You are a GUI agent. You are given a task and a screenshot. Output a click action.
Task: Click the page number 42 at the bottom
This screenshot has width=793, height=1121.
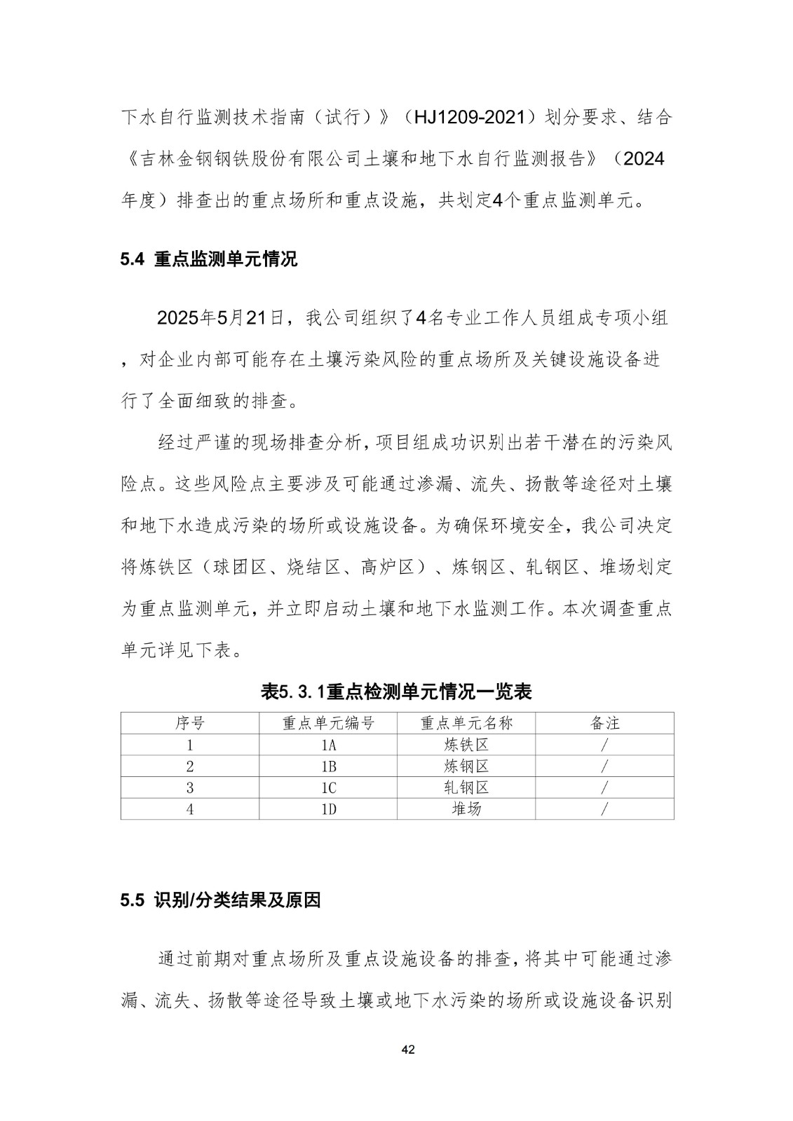[x=409, y=1050]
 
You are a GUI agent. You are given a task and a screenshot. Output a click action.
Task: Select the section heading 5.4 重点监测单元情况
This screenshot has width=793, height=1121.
[x=209, y=259]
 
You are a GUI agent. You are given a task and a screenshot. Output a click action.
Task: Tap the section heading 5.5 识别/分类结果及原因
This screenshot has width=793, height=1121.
[x=220, y=900]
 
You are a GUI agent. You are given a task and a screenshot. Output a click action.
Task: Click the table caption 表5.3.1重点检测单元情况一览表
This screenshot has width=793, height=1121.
[x=396, y=692]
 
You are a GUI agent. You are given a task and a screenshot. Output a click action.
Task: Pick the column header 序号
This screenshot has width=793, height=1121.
[x=189, y=723]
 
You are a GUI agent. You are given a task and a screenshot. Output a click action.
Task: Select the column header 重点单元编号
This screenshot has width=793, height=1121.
[x=328, y=723]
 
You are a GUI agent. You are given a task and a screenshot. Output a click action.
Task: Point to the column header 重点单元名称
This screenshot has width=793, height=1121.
[x=466, y=723]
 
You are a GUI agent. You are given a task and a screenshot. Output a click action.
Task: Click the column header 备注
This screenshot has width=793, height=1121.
[x=604, y=723]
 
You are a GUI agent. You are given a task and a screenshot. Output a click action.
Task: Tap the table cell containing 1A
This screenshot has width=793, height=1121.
[x=328, y=745]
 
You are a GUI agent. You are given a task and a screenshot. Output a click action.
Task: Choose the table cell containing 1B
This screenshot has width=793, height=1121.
[x=328, y=766]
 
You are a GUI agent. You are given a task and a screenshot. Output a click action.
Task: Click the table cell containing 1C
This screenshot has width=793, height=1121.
[x=328, y=788]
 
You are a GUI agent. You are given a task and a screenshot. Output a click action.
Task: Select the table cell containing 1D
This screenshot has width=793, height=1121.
[x=328, y=809]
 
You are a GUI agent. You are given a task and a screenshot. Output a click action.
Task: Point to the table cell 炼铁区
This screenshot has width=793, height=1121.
[x=466, y=745]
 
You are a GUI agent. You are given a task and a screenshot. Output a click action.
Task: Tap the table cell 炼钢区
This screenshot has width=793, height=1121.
[x=466, y=766]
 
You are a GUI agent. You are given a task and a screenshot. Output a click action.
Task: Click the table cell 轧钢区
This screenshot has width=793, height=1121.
[x=466, y=788]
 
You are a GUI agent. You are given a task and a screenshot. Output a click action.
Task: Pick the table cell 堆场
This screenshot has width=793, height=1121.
[x=466, y=809]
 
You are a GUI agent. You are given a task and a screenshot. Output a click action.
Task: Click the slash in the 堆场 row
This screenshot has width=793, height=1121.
[x=604, y=809]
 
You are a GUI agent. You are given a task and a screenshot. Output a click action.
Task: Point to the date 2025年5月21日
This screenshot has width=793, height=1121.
[x=220, y=318]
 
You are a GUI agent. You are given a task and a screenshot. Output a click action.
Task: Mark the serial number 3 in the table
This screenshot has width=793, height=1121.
[x=189, y=788]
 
